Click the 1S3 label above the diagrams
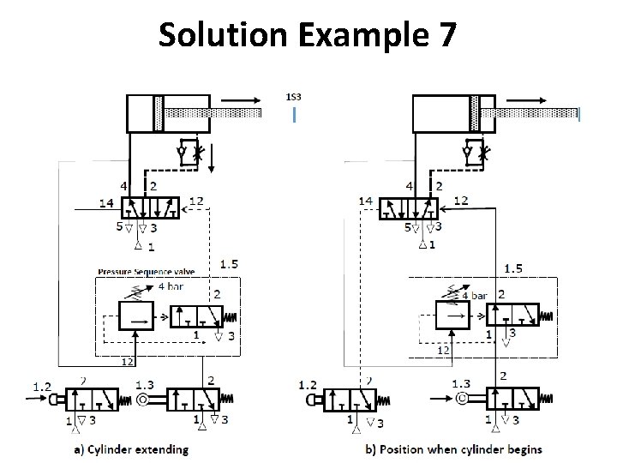pyautogui.click(x=293, y=97)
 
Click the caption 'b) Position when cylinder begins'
pyautogui.click(x=453, y=450)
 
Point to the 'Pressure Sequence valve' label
pyautogui.click(x=146, y=271)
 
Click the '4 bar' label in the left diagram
pyautogui.click(x=171, y=287)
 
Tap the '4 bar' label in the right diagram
pyautogui.click(x=474, y=295)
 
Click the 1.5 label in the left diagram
pyautogui.click(x=230, y=263)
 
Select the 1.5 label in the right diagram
pyautogui.click(x=512, y=268)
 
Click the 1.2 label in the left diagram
pyautogui.click(x=42, y=387)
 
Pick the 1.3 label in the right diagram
pyautogui.click(x=460, y=384)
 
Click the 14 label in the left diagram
pyautogui.click(x=106, y=203)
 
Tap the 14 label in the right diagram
pyautogui.click(x=366, y=201)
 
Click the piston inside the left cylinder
pyautogui.click(x=159, y=113)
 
